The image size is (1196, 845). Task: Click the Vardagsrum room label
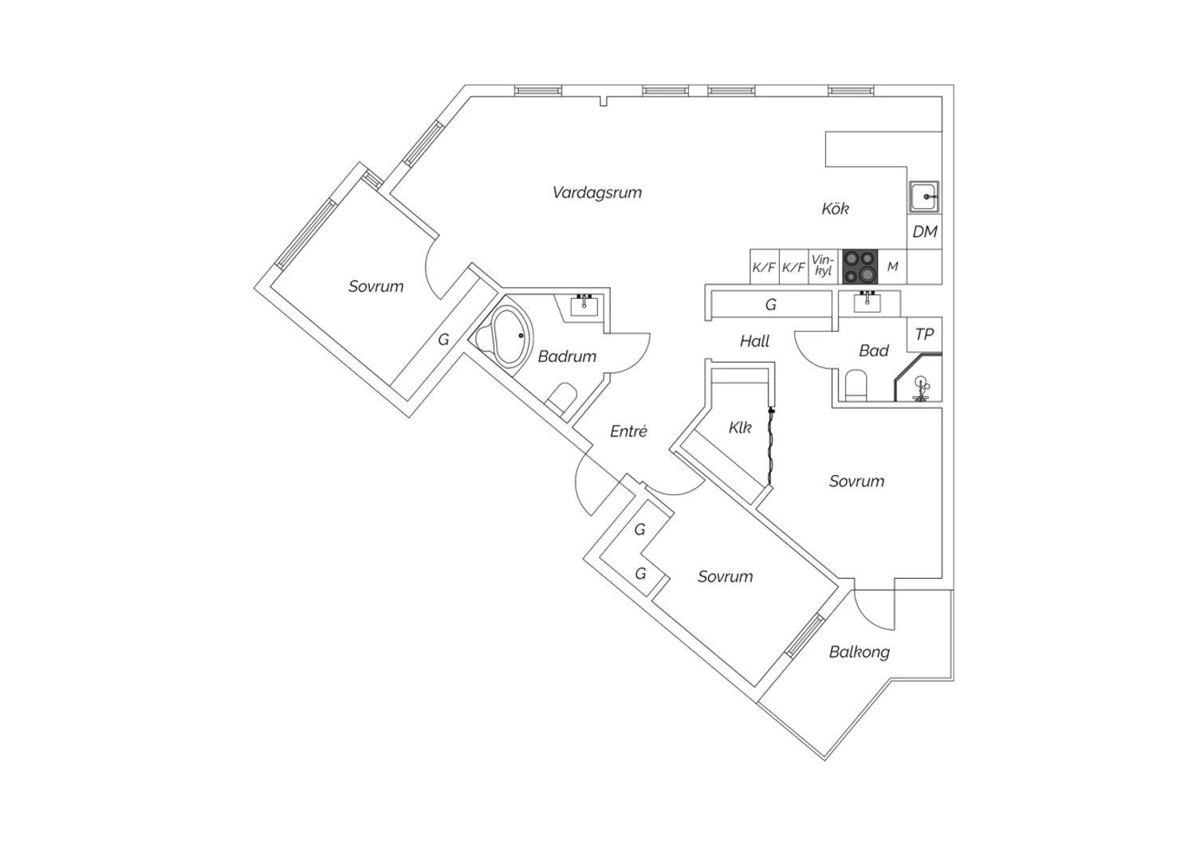pos(597,193)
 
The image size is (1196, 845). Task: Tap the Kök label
pos(835,209)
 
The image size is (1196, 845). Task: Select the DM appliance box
pos(925,232)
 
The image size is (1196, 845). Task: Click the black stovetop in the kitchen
pos(860,266)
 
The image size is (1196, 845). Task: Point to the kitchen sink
pos(925,197)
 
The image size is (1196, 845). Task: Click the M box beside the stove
pos(892,266)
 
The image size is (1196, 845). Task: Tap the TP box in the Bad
pos(924,334)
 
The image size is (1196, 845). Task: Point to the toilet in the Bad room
pos(856,385)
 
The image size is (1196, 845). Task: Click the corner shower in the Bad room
pos(919,378)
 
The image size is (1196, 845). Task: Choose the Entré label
pos(628,431)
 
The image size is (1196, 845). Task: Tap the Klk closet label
pos(740,427)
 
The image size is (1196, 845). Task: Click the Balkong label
pos(859,652)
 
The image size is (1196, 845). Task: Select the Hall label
pos(754,341)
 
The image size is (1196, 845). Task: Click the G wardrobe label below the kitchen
pos(770,305)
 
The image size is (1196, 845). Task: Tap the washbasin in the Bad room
pos(867,303)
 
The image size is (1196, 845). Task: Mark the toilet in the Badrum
pos(561,398)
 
